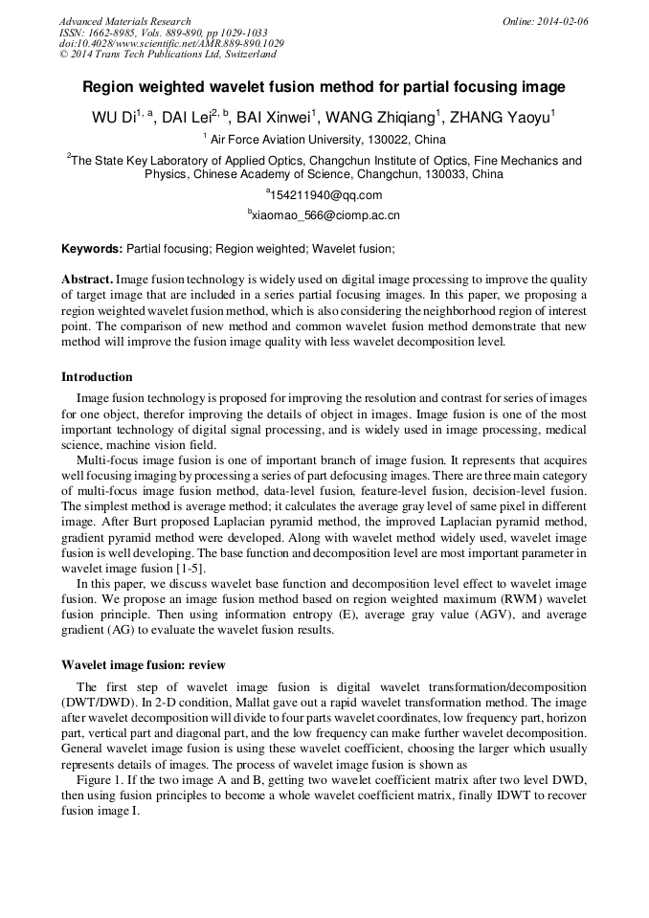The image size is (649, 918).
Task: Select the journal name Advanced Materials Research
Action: [x=124, y=21]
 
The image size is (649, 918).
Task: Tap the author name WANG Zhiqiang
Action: [x=381, y=119]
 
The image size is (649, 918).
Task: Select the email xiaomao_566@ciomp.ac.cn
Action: [x=325, y=216]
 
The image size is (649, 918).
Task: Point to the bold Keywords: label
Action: [x=92, y=249]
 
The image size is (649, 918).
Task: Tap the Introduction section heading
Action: [x=97, y=377]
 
